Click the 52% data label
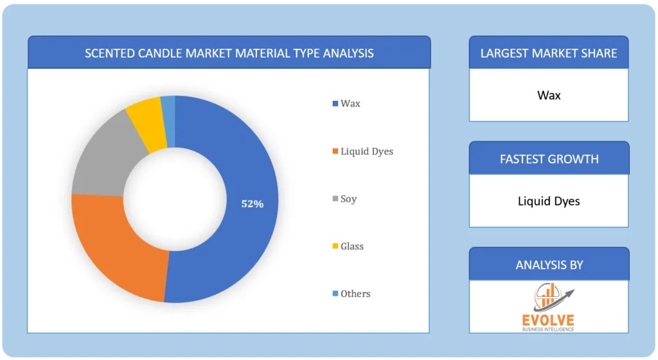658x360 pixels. (x=252, y=204)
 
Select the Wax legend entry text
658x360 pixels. (x=350, y=104)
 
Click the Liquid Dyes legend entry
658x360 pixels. (x=366, y=151)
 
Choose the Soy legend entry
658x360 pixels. (x=348, y=199)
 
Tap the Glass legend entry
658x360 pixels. (x=351, y=246)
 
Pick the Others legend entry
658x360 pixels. (x=355, y=294)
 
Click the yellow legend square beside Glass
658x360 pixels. (x=335, y=246)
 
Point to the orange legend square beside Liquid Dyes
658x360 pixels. (x=335, y=151)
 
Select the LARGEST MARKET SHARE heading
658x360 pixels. (x=549, y=53)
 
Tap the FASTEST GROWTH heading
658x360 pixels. (x=549, y=159)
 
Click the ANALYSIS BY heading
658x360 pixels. (x=549, y=264)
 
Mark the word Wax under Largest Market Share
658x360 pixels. (x=549, y=95)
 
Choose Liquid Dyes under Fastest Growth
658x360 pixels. (x=549, y=201)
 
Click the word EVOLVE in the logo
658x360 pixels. (x=549, y=319)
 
